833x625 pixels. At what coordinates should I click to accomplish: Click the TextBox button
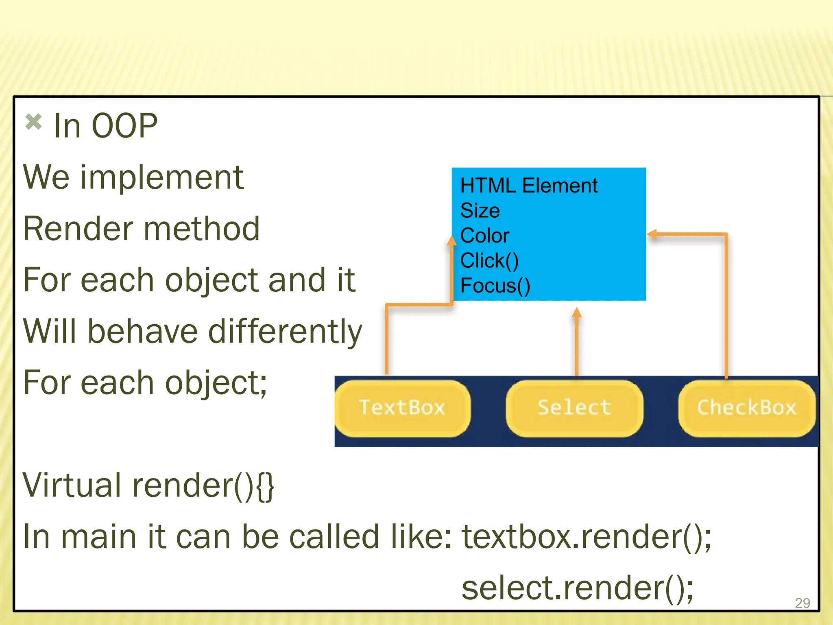[x=402, y=408]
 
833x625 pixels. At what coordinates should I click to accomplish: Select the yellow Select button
[x=574, y=408]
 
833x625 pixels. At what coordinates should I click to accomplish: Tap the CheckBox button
[x=747, y=408]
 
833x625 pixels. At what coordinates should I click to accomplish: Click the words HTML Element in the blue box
[x=529, y=186]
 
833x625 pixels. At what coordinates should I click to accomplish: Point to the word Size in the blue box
[x=480, y=211]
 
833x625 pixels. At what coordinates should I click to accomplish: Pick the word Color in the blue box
[x=485, y=236]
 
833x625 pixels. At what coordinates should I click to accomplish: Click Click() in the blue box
[x=489, y=261]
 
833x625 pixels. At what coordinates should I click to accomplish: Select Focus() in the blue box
[x=495, y=286]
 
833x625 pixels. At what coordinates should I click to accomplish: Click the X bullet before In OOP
[x=33, y=122]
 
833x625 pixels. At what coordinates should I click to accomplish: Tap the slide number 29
[x=802, y=603]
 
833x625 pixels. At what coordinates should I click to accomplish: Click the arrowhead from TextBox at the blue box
[x=451, y=240]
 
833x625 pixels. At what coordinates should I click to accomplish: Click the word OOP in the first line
[x=124, y=126]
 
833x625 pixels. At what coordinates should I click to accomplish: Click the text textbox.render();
[x=587, y=537]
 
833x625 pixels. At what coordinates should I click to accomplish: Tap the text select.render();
[x=578, y=588]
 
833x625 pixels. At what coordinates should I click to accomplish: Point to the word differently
[x=285, y=332]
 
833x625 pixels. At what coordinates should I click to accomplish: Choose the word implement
[x=162, y=178]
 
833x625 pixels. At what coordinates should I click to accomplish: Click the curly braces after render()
[x=266, y=486]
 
